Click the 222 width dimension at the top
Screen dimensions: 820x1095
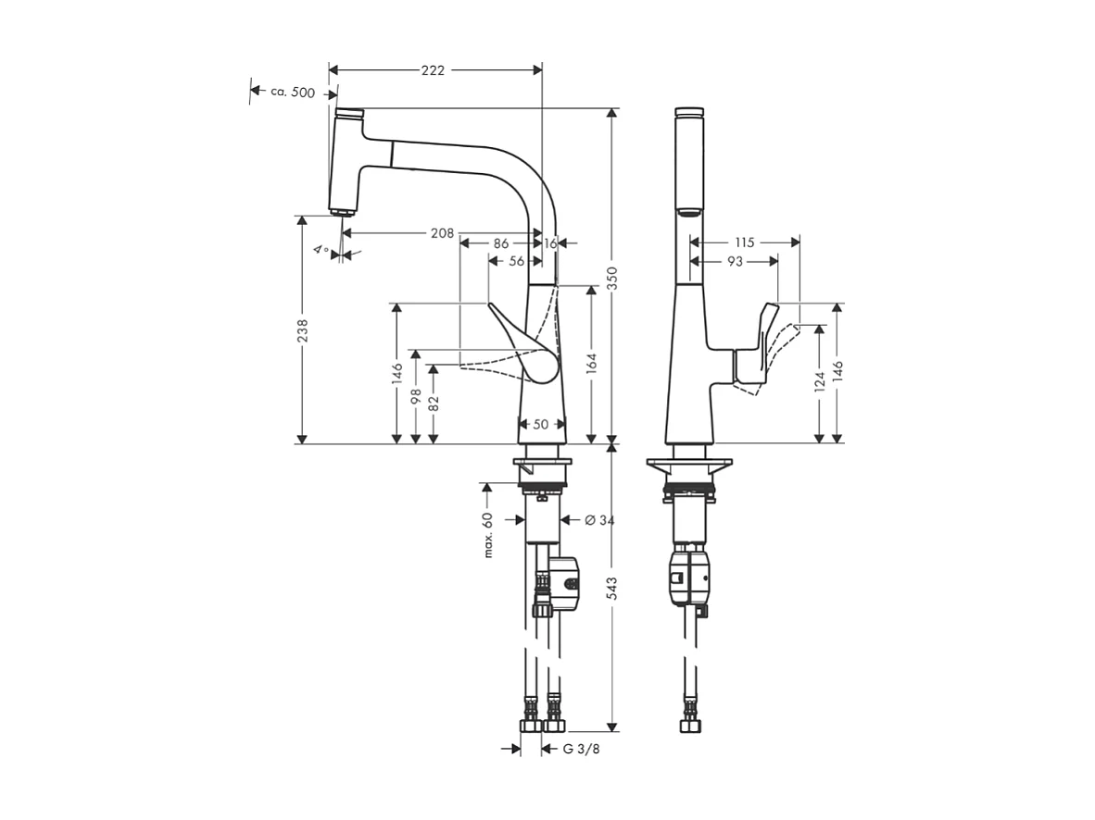(433, 70)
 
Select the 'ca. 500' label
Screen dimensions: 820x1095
(293, 92)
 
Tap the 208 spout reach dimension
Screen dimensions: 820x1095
(442, 233)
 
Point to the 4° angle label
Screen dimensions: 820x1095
(321, 250)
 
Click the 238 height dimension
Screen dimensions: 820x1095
(302, 330)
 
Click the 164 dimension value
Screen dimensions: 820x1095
(591, 363)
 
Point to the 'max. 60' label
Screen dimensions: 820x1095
(487, 535)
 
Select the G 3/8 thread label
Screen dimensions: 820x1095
(582, 749)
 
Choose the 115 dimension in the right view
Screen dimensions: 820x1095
(743, 242)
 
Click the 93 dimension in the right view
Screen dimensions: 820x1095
(734, 262)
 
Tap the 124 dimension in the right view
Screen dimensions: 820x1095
(819, 382)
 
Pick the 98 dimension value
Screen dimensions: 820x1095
(416, 396)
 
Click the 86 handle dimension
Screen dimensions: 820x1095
(500, 242)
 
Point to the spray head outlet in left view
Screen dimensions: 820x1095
(342, 211)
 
